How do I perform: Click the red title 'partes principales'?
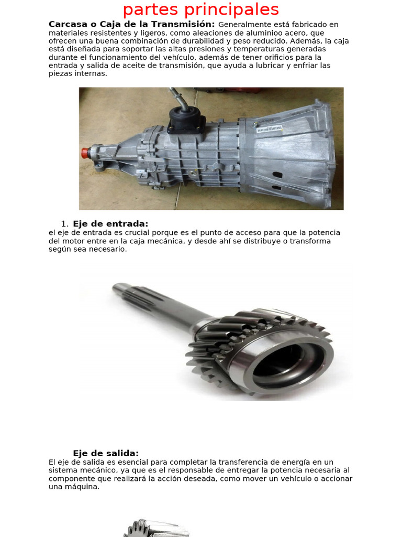pos(200,9)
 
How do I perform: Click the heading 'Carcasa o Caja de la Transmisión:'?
pos(131,25)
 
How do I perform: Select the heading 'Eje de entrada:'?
pos(110,224)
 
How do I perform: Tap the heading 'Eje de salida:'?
pos(106,454)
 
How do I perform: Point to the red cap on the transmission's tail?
pos(84,153)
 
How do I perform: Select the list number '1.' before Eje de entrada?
pos(65,224)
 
